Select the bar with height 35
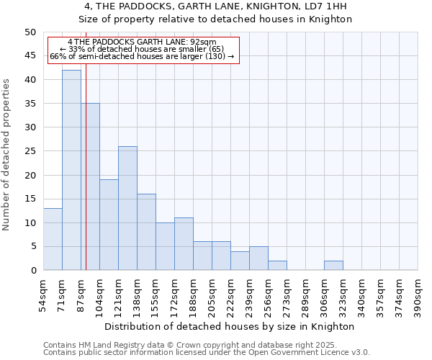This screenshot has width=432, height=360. point(90,186)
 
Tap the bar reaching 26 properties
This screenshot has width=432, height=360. point(127,208)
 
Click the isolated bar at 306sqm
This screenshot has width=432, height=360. point(333,265)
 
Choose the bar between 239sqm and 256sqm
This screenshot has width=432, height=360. point(258,258)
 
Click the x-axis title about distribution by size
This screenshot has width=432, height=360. point(230,326)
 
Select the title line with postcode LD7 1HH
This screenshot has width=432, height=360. point(215,6)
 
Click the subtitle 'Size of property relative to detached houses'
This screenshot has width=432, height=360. point(215,19)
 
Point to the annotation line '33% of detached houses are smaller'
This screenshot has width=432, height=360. point(142,49)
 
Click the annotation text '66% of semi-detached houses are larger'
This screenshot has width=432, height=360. point(142,56)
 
